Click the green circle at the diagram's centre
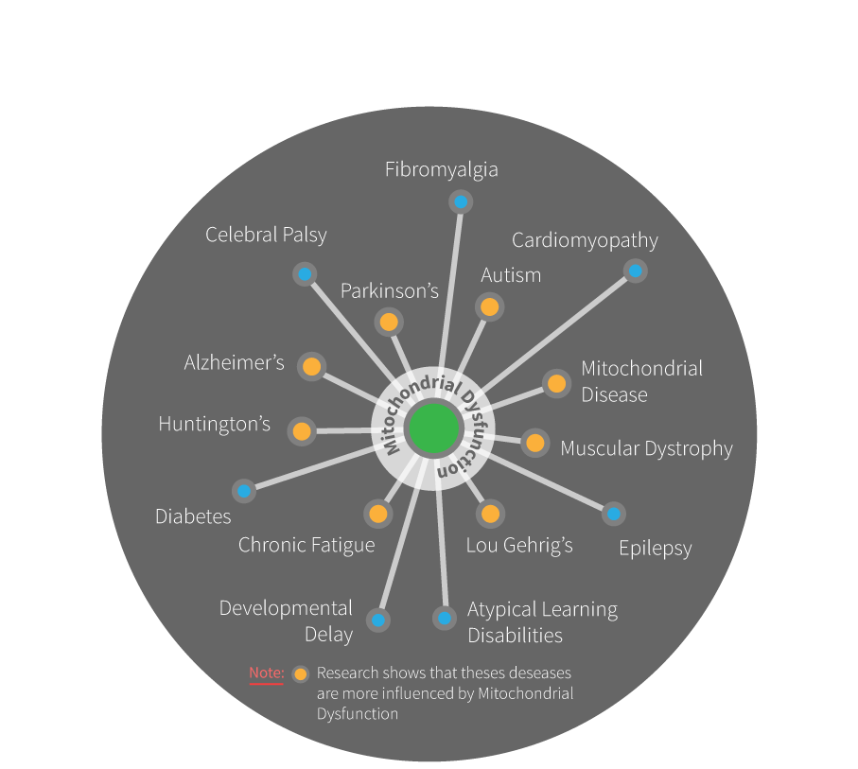tap(434, 428)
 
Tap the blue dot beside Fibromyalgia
tap(461, 202)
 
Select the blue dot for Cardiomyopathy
tap(636, 271)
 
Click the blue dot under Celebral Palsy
tap(305, 274)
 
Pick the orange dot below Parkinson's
tap(388, 323)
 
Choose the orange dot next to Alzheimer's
tap(311, 367)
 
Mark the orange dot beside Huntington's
tap(302, 431)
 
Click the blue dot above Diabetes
tap(244, 491)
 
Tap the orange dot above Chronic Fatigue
tap(378, 515)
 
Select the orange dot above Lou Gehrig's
tap(489, 515)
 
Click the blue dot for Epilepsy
tap(614, 514)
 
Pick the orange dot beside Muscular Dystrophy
tap(535, 443)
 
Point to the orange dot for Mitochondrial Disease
tap(556, 383)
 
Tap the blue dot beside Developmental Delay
tap(378, 620)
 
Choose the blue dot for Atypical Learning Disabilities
tap(444, 619)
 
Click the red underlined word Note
tap(266, 673)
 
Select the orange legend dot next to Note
tap(301, 674)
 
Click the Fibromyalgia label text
tap(442, 170)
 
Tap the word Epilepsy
tap(655, 548)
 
